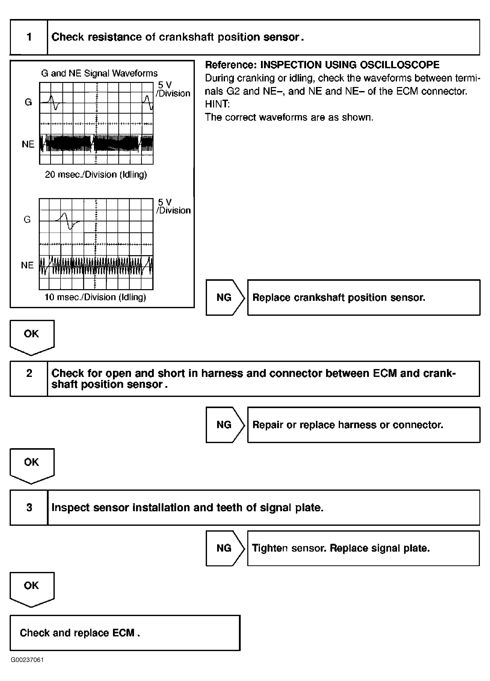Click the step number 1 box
(29, 37)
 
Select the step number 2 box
(29, 379)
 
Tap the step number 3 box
(29, 508)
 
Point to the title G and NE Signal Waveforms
(99, 73)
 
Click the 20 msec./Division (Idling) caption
(96, 174)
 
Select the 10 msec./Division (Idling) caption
(95, 297)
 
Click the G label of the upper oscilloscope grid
(28, 102)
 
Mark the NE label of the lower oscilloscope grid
(27, 265)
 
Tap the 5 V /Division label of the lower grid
(173, 206)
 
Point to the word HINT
(217, 104)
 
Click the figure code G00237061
(27, 660)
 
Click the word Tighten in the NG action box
(270, 548)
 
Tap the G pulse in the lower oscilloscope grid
(68, 221)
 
